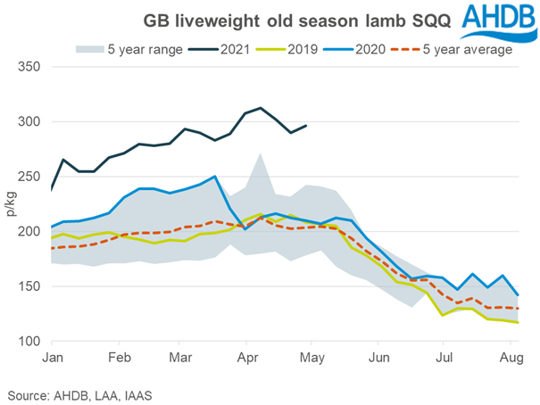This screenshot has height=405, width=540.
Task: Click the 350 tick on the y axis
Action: tap(31, 67)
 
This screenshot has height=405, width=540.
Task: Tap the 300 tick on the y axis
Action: tap(31, 122)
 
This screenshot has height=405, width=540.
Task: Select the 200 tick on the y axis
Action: tap(31, 232)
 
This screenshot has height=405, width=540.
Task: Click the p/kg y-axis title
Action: tap(12, 204)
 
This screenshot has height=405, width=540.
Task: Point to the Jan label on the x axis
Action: tap(53, 358)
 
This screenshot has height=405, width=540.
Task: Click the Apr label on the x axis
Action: tap(247, 358)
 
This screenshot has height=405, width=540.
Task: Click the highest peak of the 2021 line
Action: tap(260, 108)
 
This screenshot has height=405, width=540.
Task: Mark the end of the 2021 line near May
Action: tap(307, 126)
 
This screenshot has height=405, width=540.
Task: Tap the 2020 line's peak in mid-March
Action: tap(215, 177)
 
